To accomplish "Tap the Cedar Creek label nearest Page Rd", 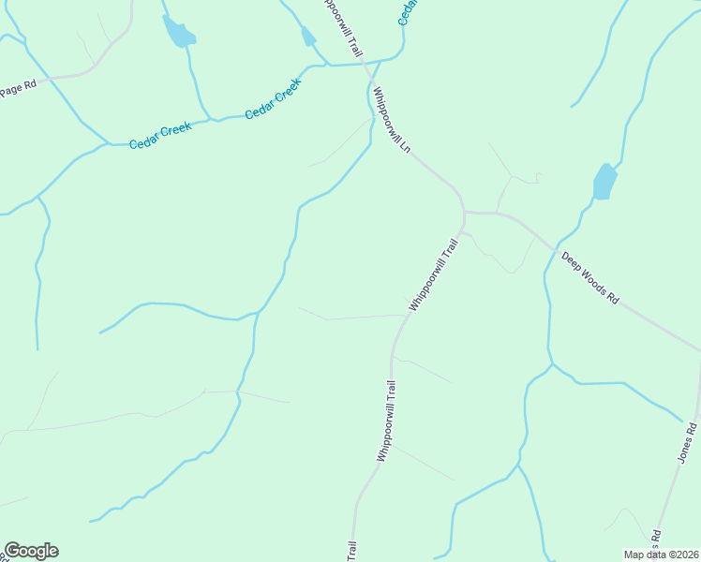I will click(159, 135).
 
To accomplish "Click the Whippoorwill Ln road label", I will click(392, 120).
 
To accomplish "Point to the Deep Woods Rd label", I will click(590, 277).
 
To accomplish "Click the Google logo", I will click(31, 551).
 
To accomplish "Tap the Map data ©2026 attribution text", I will click(662, 555).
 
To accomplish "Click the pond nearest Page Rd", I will click(177, 33).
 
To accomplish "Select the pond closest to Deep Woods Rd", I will click(604, 181).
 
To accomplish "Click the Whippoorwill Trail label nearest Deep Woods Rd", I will click(433, 274).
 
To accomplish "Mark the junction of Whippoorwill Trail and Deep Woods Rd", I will click(465, 214).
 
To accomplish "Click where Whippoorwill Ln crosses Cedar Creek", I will click(367, 66).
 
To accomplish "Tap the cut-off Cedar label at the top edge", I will click(408, 11).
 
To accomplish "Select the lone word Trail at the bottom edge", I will click(352, 552).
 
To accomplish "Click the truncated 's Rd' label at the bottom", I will click(656, 541).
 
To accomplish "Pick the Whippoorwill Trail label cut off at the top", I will click(341, 26).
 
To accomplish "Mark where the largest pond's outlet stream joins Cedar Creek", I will click(217, 120).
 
